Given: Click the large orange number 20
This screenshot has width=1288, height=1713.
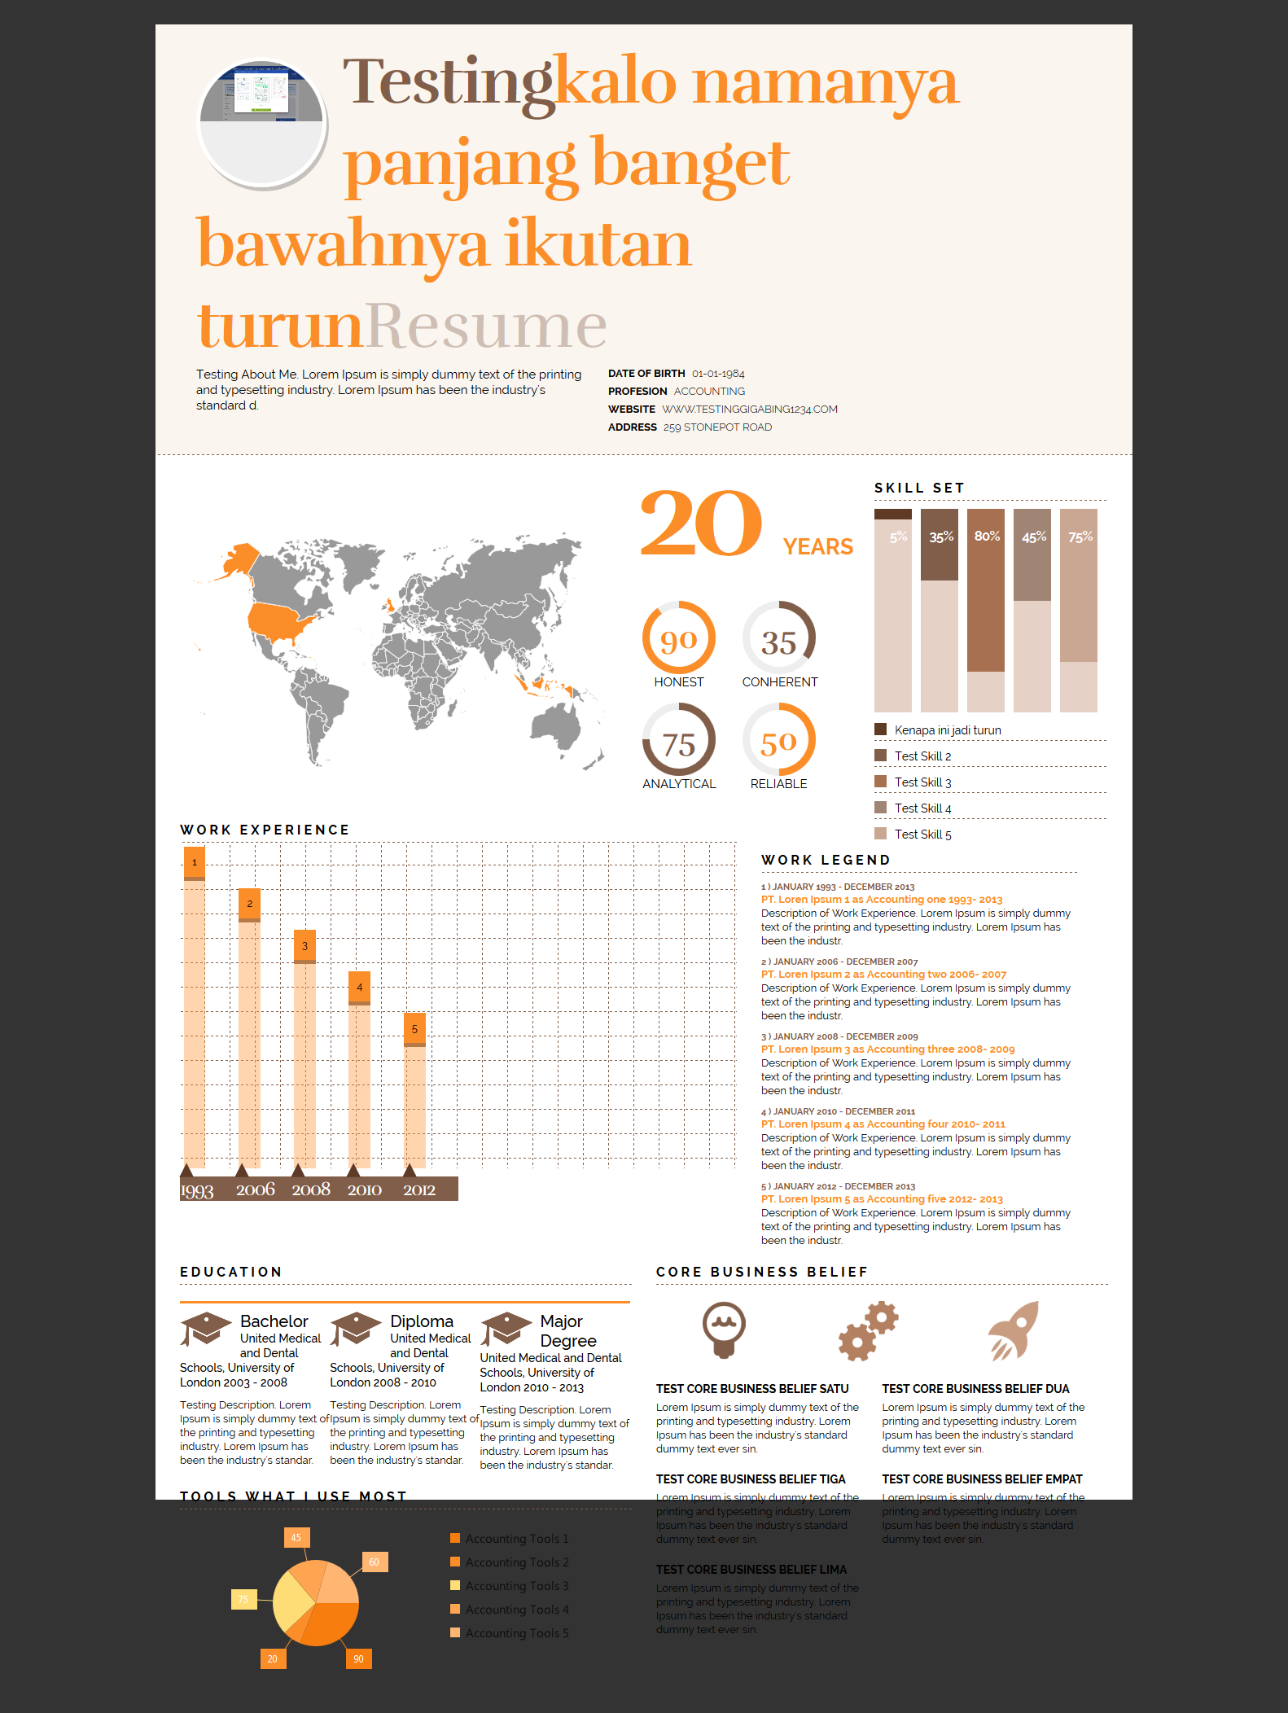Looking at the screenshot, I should (x=701, y=524).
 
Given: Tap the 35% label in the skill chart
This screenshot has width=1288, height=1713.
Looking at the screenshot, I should (x=940, y=537).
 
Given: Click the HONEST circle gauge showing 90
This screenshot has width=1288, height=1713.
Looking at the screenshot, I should (x=679, y=638).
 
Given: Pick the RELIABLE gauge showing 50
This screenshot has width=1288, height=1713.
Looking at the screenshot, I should (x=778, y=740).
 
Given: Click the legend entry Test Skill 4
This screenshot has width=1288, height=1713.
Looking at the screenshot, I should (x=922, y=808).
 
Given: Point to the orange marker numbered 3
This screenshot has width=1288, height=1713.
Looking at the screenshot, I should (x=304, y=946).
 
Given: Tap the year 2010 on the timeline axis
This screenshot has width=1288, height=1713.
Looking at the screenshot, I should (x=364, y=1190).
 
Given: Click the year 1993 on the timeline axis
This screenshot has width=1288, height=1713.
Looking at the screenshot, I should (x=197, y=1191).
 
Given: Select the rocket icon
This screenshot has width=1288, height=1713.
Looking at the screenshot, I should (x=1014, y=1330).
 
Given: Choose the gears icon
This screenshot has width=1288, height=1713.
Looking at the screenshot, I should (x=868, y=1332).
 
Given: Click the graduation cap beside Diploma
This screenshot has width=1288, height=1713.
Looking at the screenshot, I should (x=355, y=1329).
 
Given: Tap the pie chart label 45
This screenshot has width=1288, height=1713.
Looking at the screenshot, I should (x=296, y=1538).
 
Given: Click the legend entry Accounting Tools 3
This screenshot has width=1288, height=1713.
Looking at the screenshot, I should (x=516, y=1586).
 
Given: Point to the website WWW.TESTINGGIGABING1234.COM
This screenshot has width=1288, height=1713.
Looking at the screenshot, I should (x=749, y=410).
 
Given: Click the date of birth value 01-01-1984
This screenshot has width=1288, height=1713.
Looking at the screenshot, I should (x=718, y=374).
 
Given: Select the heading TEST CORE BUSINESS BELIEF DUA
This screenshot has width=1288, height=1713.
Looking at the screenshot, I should (x=975, y=1389).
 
